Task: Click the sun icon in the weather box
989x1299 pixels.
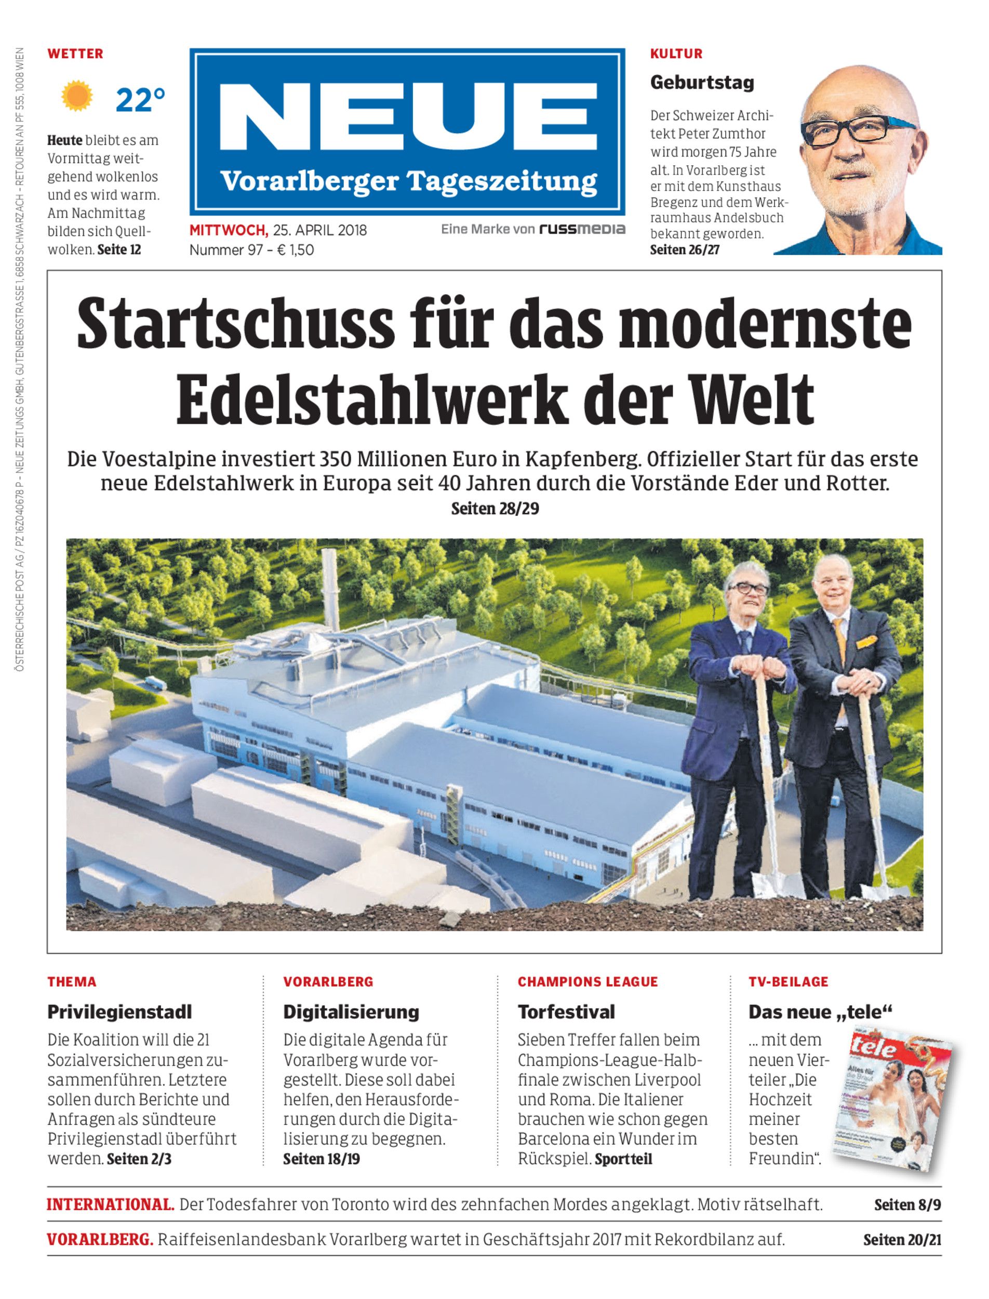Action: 77,97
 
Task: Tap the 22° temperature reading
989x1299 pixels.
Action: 140,100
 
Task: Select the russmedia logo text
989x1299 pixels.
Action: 582,229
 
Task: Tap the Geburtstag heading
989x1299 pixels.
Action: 702,83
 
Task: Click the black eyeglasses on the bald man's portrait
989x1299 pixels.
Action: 857,129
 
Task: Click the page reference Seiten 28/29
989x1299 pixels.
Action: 495,508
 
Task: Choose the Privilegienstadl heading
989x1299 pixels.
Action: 119,1012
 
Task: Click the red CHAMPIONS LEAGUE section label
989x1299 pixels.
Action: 587,982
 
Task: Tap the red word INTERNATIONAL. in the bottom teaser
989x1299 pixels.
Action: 111,1204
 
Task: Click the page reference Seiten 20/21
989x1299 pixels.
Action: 902,1240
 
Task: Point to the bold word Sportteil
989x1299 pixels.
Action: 623,1159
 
